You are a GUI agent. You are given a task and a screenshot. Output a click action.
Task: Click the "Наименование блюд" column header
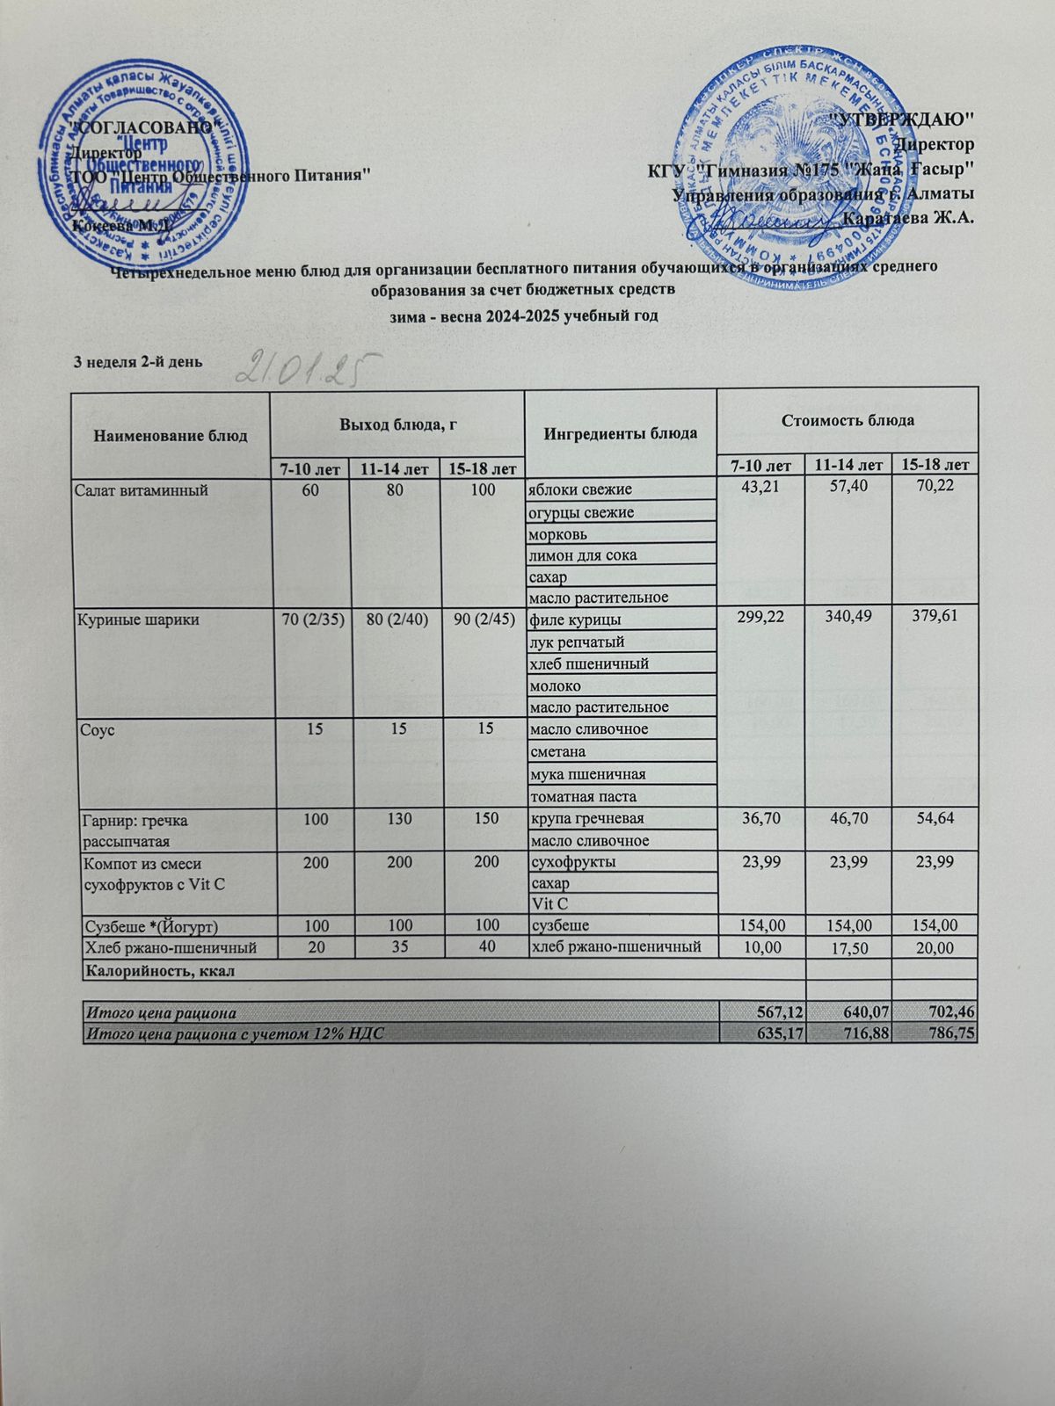(x=171, y=434)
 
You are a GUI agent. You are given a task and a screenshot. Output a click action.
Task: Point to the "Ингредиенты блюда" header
(x=621, y=433)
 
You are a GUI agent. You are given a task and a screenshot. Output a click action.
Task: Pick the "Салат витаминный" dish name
(x=141, y=490)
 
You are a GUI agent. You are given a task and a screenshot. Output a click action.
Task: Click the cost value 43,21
(x=761, y=489)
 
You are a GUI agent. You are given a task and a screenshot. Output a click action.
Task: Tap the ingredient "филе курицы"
(x=569, y=620)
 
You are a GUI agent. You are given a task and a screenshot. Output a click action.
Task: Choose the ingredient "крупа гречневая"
(x=586, y=819)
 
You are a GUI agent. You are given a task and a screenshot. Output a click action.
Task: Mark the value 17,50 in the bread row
(x=848, y=947)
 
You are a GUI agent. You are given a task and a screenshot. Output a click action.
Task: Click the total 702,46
(x=949, y=1013)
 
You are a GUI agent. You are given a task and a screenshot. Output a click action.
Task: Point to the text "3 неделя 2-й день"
(x=138, y=361)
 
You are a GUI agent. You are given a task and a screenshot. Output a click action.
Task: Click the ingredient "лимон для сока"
(x=582, y=555)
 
